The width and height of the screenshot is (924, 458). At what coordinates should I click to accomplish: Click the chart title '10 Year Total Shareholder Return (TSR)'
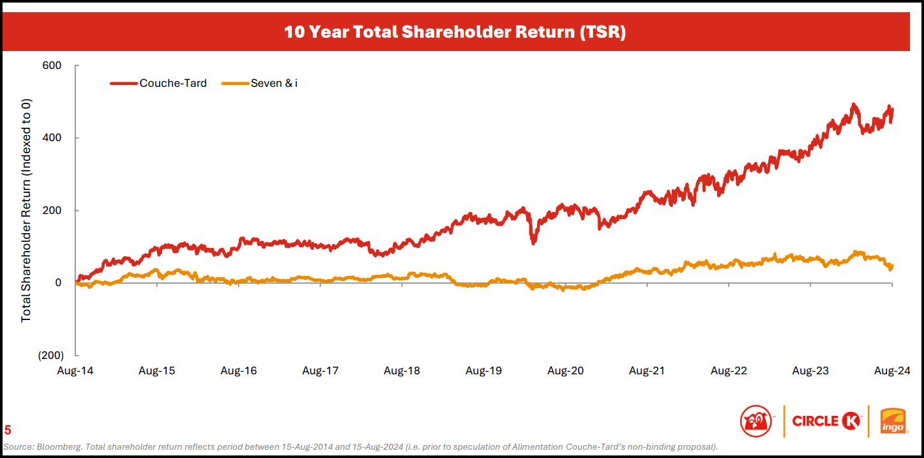(455, 32)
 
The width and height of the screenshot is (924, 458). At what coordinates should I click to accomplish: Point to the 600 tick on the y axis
(52, 66)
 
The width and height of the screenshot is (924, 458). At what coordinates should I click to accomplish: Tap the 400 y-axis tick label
(52, 138)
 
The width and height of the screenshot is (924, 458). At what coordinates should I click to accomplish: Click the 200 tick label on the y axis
(52, 210)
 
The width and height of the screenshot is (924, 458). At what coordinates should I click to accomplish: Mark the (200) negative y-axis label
(50, 355)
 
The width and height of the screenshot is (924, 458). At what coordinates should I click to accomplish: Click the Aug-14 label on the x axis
(75, 370)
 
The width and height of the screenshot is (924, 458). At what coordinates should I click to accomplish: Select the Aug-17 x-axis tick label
(321, 370)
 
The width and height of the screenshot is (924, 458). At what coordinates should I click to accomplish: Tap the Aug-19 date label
(483, 370)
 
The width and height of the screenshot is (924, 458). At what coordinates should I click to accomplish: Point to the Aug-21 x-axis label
(647, 370)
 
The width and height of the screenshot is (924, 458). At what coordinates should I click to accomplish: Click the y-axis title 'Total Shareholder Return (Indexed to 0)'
(26, 210)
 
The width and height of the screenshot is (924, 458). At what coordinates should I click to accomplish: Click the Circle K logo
(826, 421)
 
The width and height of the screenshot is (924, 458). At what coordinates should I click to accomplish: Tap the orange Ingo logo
(894, 422)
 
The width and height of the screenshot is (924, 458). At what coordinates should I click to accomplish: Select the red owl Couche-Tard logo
(756, 422)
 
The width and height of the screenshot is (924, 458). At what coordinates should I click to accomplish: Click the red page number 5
(8, 430)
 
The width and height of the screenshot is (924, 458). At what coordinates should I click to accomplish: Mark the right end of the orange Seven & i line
(891, 266)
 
